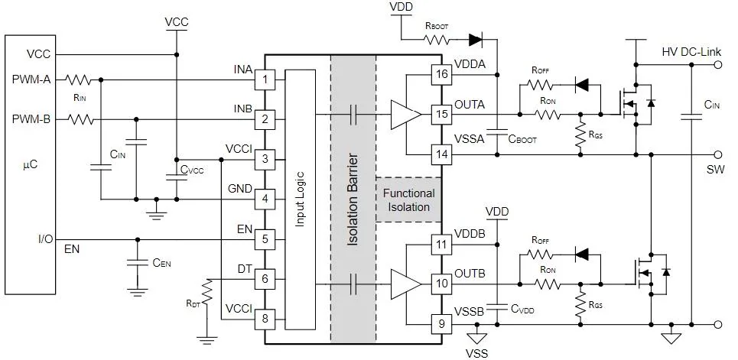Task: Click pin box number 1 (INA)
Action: pyautogui.click(x=265, y=79)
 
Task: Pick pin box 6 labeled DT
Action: pyautogui.click(x=265, y=279)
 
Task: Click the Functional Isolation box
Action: pyautogui.click(x=408, y=199)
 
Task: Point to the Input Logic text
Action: pyautogui.click(x=300, y=199)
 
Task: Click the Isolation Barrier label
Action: pyautogui.click(x=353, y=199)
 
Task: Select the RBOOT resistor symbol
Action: pyautogui.click(x=437, y=40)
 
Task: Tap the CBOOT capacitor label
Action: pyautogui.click(x=522, y=139)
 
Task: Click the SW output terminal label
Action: pyautogui.click(x=716, y=170)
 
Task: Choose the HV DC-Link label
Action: pyautogui.click(x=691, y=52)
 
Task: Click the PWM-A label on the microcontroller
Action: pyautogui.click(x=31, y=79)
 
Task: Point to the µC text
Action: pyautogui.click(x=30, y=166)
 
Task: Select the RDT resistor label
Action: pyautogui.click(x=193, y=303)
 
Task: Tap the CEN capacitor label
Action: pyautogui.click(x=161, y=263)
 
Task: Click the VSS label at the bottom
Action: pyautogui.click(x=476, y=353)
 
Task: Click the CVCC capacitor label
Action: pyautogui.click(x=192, y=170)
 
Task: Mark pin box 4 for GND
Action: pyautogui.click(x=265, y=199)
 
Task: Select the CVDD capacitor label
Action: pyautogui.click(x=522, y=309)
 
